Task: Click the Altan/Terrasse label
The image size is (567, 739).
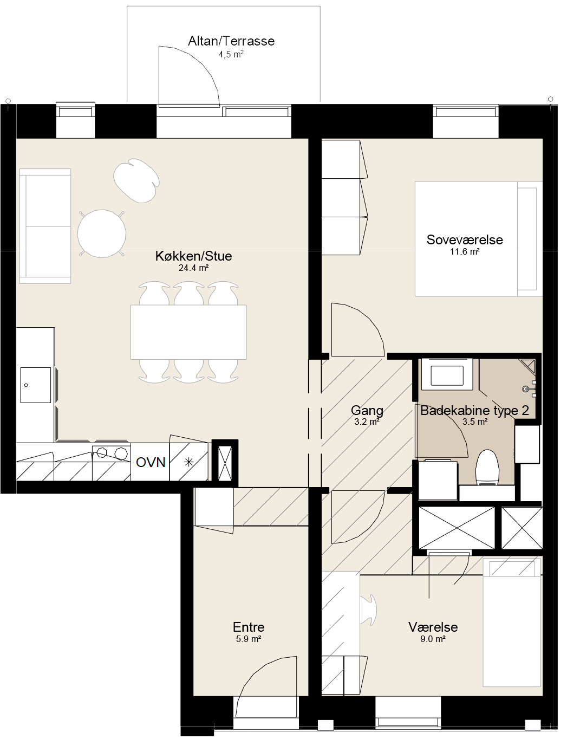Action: click(x=231, y=41)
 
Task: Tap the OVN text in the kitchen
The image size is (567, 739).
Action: click(x=151, y=463)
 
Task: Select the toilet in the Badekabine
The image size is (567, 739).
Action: click(x=487, y=468)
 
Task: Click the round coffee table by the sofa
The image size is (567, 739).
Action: click(x=102, y=234)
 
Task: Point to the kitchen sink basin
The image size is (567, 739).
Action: click(x=35, y=385)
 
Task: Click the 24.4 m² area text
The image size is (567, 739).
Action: click(x=193, y=268)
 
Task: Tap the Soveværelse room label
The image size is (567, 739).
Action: click(x=465, y=240)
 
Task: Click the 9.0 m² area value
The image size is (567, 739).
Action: click(x=433, y=639)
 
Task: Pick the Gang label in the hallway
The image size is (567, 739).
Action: click(x=367, y=411)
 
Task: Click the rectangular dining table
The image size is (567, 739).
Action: click(x=188, y=332)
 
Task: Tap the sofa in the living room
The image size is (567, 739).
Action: click(x=45, y=226)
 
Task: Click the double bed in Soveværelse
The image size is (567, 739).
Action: click(x=478, y=239)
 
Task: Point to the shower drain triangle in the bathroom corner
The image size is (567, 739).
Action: click(x=528, y=366)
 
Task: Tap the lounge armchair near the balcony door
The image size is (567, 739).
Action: click(x=136, y=180)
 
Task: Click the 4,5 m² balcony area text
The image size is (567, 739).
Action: click(x=231, y=54)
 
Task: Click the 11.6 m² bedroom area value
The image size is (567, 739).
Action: click(x=465, y=252)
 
